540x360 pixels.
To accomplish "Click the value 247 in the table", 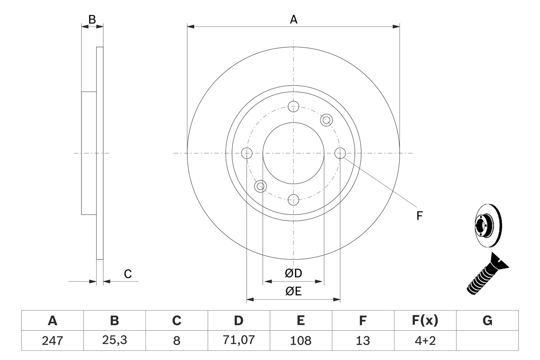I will coord(52,340).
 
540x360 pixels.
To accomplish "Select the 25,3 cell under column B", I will coord(114,340).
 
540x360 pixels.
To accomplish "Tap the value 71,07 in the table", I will coord(238,340).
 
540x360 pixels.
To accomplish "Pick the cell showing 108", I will coord(300,340).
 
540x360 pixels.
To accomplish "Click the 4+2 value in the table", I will coord(425,340).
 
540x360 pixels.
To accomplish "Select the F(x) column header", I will coord(425,321).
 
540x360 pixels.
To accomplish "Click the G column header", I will coord(487,321).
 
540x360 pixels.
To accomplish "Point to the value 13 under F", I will coord(362,340).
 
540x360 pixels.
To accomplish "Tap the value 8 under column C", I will coord(176,340).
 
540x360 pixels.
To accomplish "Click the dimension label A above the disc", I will coord(293,19).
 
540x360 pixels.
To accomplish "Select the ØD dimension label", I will coord(293,273).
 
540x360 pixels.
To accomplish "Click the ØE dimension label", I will coord(293,292).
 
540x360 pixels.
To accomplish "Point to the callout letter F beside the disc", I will coord(419,216).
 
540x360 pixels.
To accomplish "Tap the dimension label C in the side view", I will coord(128,274).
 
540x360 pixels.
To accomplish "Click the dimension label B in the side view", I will coord(92,19).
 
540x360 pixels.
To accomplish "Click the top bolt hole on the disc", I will coord(293,106).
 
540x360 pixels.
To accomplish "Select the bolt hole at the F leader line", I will coord(340,153).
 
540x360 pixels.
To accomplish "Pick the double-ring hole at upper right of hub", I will coord(326,120).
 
